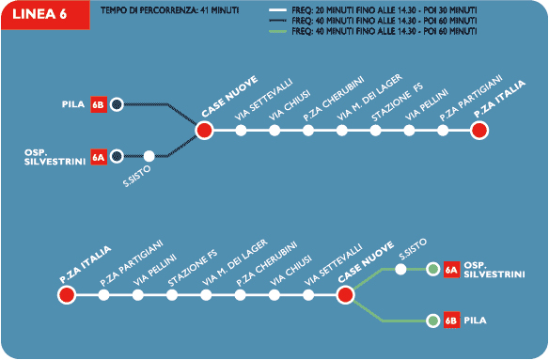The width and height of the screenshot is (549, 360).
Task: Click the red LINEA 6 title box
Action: [45, 15]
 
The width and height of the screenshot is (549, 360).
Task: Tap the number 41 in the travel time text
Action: [205, 10]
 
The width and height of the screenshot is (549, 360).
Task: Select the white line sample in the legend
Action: [277, 10]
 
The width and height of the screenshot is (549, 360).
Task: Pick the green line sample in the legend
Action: [277, 32]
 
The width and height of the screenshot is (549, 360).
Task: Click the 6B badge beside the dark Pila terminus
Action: [99, 104]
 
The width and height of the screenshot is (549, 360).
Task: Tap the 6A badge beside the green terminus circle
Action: [451, 270]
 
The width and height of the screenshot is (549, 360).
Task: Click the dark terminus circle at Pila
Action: [117, 104]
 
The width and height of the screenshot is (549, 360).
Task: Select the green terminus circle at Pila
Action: [433, 321]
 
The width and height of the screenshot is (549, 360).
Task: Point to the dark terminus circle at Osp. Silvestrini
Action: [117, 156]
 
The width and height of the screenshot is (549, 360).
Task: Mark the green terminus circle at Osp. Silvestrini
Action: [433, 270]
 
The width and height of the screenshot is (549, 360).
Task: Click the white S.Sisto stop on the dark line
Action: [149, 156]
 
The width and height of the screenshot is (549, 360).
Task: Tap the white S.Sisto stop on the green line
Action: [400, 270]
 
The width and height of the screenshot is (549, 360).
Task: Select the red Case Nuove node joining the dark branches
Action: [205, 131]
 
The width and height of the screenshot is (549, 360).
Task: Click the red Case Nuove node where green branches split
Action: [346, 295]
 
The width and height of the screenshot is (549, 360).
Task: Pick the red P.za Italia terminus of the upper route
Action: [479, 131]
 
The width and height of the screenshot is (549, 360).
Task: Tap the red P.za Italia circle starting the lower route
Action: [67, 295]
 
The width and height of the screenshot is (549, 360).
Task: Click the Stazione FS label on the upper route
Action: [398, 102]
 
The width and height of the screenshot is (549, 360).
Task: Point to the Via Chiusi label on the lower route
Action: [290, 271]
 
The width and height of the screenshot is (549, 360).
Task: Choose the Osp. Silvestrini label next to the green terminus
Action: [494, 270]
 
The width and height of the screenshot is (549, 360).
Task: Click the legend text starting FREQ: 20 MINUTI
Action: [384, 10]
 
